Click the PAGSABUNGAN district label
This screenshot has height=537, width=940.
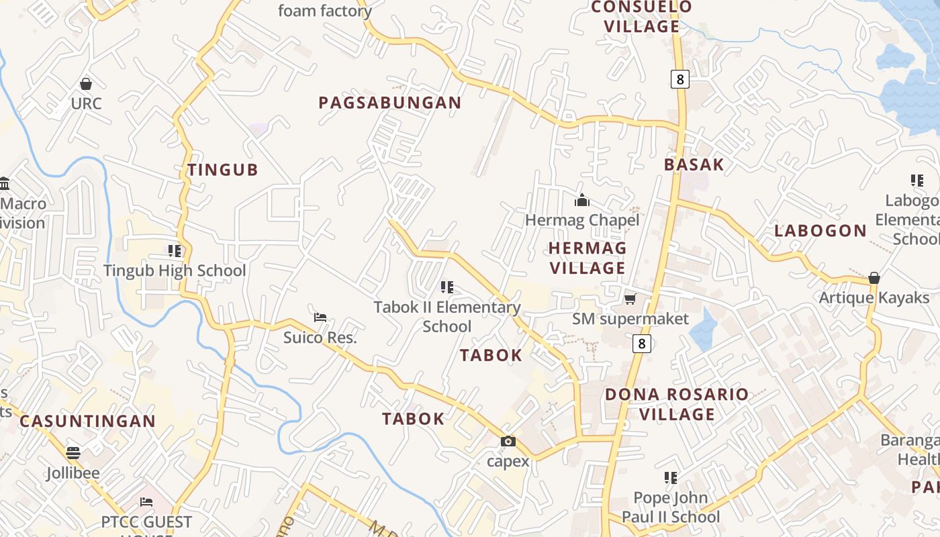(x=390, y=103)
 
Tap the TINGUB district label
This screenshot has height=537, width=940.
(x=223, y=170)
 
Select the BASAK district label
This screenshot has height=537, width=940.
(x=694, y=164)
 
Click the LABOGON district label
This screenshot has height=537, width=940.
(x=820, y=231)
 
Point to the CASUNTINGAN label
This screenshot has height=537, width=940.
(x=87, y=422)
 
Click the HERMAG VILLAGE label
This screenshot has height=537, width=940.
(x=587, y=258)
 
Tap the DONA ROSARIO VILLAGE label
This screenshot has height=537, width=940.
(x=677, y=404)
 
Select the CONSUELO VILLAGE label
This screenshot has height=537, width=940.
(x=642, y=17)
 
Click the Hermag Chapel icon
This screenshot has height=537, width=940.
(x=582, y=200)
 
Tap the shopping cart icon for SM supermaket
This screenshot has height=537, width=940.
(x=630, y=299)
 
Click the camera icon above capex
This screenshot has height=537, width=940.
(x=508, y=441)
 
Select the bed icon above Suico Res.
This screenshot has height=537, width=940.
(x=320, y=317)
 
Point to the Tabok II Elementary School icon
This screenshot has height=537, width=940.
(x=446, y=287)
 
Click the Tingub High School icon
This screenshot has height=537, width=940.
(x=175, y=251)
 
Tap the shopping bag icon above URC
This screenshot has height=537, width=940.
(x=86, y=84)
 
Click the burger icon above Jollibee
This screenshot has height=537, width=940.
(x=73, y=453)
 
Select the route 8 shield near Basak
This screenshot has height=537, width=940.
(x=679, y=80)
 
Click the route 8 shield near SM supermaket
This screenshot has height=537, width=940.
(x=642, y=344)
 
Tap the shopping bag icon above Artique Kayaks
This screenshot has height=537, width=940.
(x=874, y=278)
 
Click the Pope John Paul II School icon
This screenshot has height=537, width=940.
(x=670, y=478)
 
